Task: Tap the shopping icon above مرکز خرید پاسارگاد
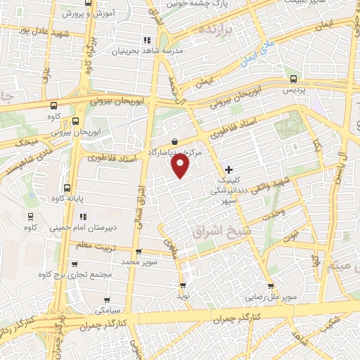coord(174,141)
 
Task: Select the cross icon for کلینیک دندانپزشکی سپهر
coord(229,169)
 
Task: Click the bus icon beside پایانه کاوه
coord(67,188)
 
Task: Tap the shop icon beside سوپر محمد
coord(138,251)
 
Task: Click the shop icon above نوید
coord(184,285)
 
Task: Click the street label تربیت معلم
coord(94,245)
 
